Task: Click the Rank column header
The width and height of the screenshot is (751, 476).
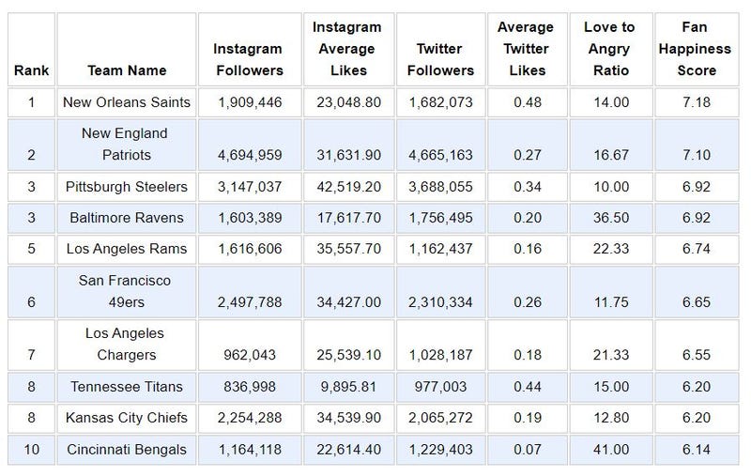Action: (x=31, y=70)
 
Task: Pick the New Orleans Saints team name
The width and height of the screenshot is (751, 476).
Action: (x=126, y=101)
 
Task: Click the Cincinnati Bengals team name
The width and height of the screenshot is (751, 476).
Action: (x=126, y=450)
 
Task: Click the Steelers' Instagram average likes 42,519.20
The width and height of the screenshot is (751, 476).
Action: (x=346, y=187)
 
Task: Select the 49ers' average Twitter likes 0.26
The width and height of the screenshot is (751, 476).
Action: (x=525, y=301)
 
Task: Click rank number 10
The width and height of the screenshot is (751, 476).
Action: (x=31, y=450)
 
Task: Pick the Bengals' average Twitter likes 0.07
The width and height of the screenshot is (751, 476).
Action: (x=525, y=450)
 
